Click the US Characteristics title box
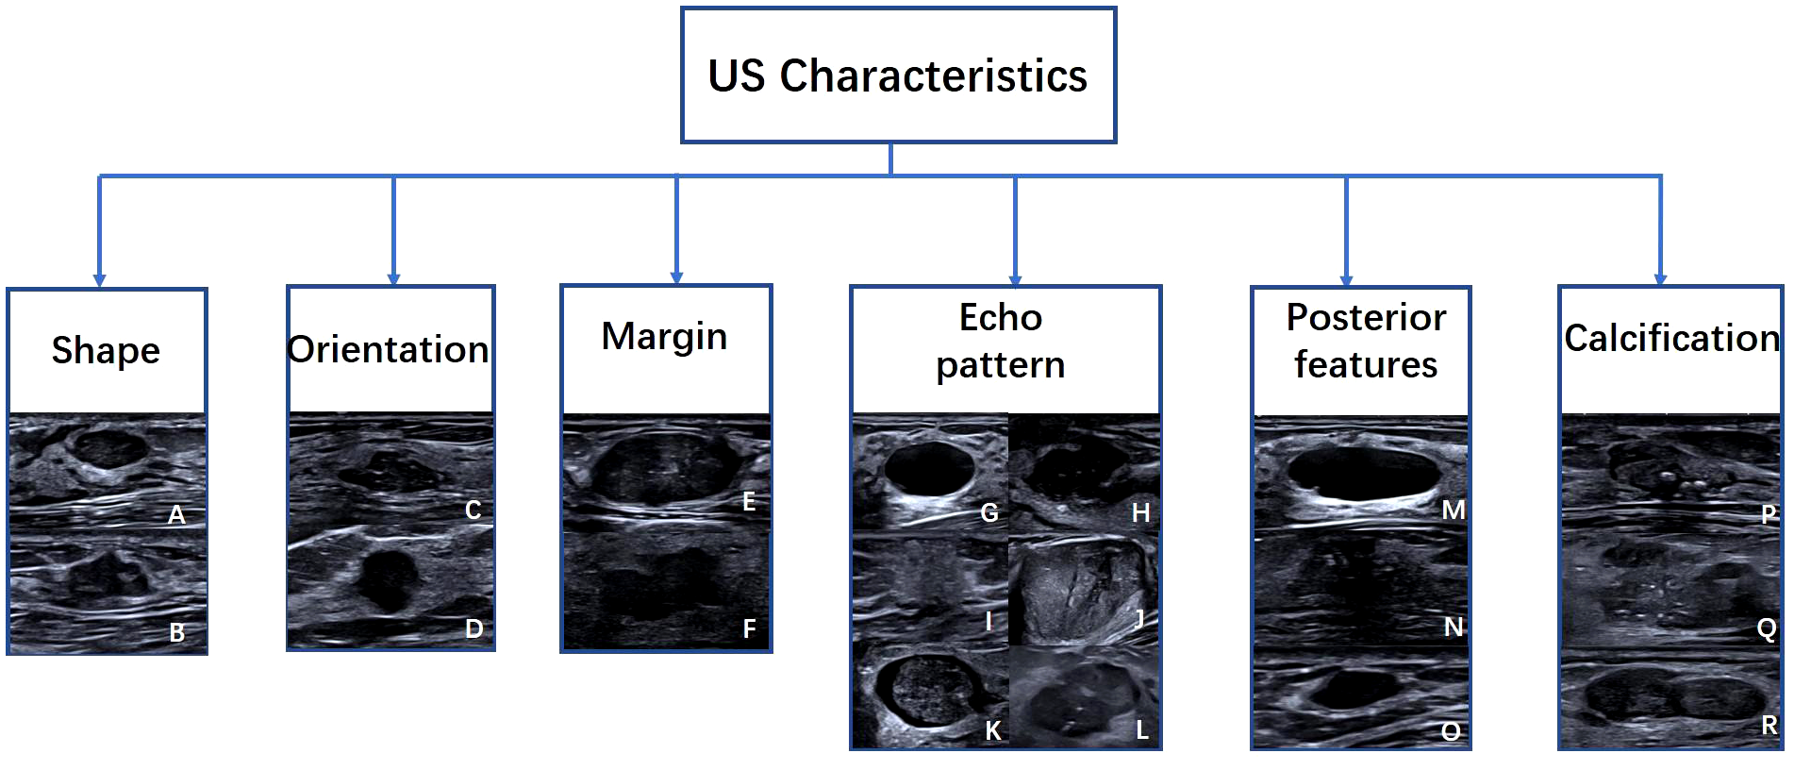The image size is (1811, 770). [898, 75]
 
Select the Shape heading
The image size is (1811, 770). [106, 350]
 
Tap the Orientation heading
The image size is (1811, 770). [389, 349]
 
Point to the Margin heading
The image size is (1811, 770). [664, 336]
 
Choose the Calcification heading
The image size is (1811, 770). [1670, 338]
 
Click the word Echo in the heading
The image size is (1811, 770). [1000, 317]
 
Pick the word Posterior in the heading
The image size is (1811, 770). [1366, 317]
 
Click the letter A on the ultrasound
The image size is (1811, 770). [176, 515]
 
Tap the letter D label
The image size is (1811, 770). [474, 628]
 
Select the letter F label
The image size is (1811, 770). [749, 628]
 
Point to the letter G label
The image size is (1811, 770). [989, 513]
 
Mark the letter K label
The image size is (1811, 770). [992, 730]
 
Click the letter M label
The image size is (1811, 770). [1453, 511]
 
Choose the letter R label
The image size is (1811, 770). [1769, 725]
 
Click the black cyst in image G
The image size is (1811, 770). [929, 468]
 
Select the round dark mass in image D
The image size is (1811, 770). [389, 577]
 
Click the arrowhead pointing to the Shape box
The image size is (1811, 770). [99, 280]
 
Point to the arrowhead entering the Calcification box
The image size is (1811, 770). [1660, 279]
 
